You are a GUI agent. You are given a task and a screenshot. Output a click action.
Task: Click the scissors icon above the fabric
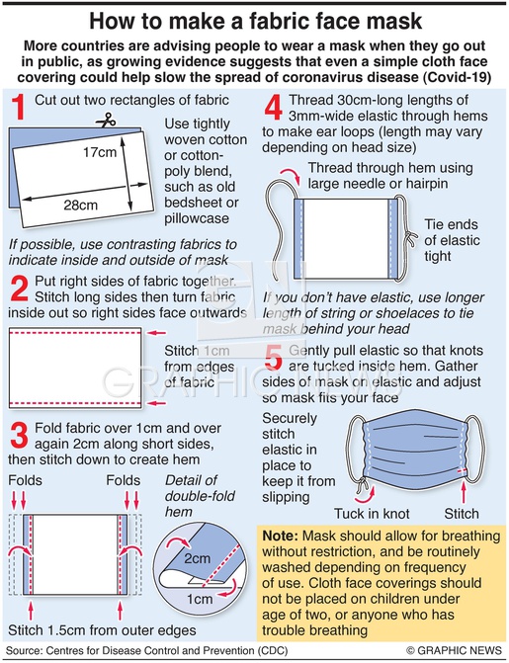coord(106,121)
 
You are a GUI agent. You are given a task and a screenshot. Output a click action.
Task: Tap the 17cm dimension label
coord(100,152)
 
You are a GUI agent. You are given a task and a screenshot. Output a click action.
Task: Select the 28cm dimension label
coord(80,206)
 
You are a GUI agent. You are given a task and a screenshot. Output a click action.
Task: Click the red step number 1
coord(19,107)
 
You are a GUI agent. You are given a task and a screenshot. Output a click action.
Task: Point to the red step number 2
coord(19,289)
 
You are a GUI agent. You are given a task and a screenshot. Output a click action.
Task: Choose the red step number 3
coord(19,435)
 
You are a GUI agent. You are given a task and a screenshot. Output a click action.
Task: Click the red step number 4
coord(274,107)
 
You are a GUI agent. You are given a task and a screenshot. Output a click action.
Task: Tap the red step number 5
coord(274,358)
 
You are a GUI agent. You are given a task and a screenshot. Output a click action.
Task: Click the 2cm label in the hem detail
coord(197,558)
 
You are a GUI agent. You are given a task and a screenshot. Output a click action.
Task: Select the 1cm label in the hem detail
coord(200,599)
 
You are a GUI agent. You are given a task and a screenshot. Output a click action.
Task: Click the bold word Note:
coord(281,536)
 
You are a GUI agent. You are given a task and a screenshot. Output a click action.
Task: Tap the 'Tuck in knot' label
coord(372,514)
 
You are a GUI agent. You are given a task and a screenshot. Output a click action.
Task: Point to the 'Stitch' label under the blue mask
coord(462,514)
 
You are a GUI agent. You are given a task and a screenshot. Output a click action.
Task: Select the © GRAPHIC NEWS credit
coord(454,650)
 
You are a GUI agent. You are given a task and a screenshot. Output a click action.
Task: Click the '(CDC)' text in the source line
coord(274,650)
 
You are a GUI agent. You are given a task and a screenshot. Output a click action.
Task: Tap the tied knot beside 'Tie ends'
coord(409,238)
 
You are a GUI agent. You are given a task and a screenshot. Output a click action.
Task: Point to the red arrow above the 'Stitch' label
coord(464,491)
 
